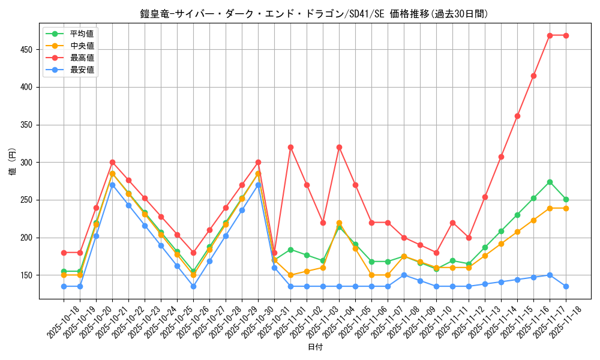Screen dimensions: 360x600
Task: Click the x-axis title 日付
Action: pos(315,347)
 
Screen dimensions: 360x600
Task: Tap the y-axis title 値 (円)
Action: pos(13,162)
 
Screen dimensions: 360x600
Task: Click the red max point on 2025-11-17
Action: pos(550,35)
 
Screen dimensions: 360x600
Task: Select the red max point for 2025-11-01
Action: pos(290,147)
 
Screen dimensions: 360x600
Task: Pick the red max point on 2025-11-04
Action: pos(339,147)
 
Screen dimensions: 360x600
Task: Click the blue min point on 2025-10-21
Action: pos(112,185)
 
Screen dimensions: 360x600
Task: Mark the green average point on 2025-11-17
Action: pos(550,182)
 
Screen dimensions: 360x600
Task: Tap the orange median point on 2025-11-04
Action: pos(339,223)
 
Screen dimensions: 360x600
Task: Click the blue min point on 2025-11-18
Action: pos(566,286)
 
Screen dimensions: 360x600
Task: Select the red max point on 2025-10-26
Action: pos(193,253)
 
